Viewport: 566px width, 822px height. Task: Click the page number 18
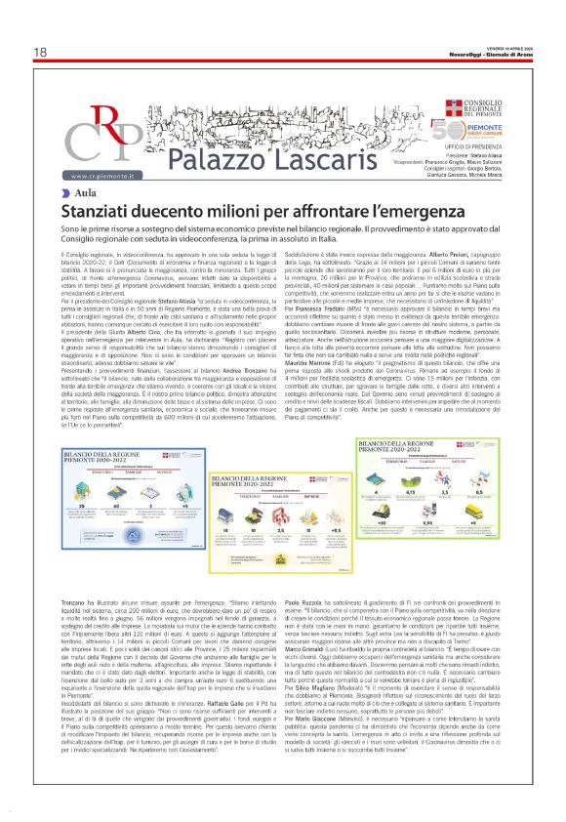coord(40,52)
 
